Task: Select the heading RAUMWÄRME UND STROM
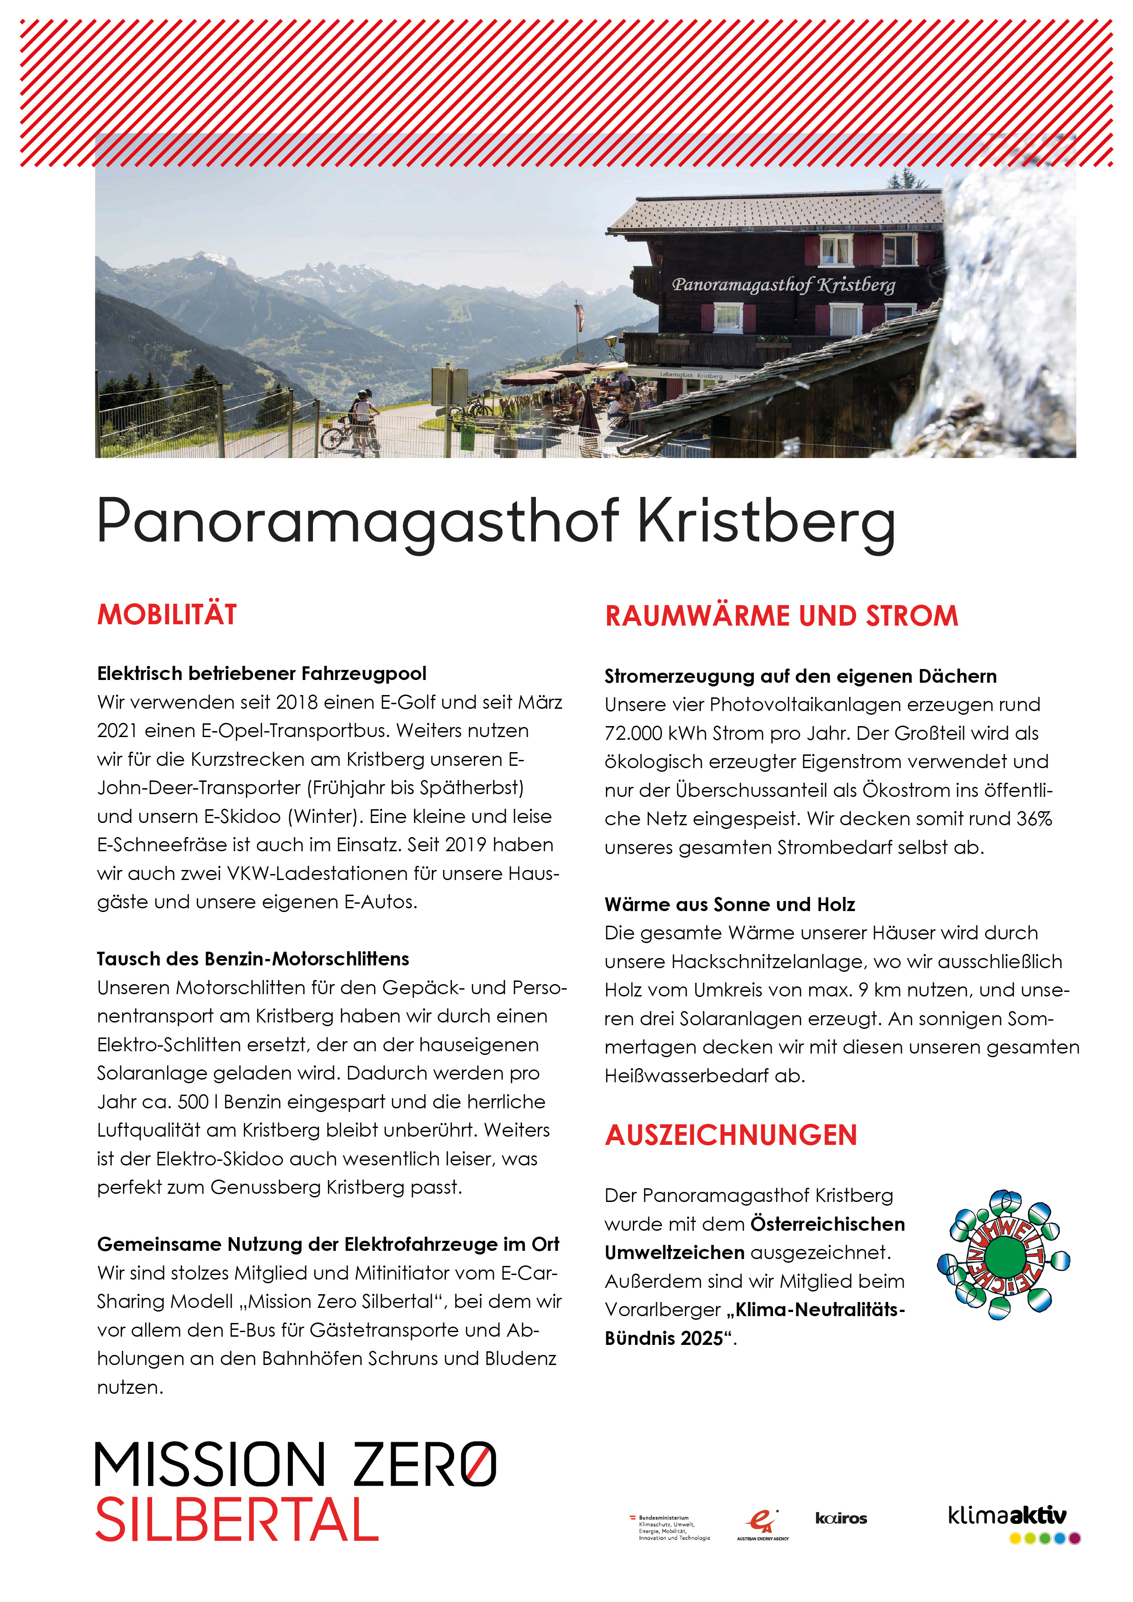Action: point(781,616)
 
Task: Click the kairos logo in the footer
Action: point(841,1518)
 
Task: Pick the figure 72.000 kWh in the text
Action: point(656,733)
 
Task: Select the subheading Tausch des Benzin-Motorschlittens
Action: point(253,959)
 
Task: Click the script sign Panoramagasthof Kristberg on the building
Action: point(783,285)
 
